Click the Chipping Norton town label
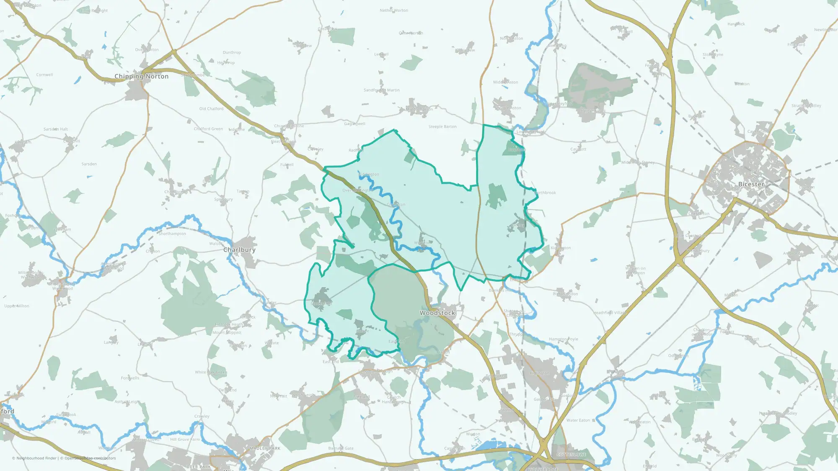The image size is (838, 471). point(141,76)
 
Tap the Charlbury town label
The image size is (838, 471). point(239,250)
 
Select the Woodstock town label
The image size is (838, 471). point(437,313)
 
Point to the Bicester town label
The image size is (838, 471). point(751,184)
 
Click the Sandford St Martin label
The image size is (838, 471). point(381,90)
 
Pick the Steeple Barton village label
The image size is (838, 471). point(442,126)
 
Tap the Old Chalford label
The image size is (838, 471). point(211,109)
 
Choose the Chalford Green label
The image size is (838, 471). point(208,129)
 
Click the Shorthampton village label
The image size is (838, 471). point(172,234)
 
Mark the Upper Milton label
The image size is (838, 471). point(17,306)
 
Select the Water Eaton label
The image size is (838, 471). point(578,420)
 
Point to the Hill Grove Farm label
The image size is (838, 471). point(185,440)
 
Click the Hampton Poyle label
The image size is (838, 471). point(563,339)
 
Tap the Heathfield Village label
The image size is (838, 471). point(610,313)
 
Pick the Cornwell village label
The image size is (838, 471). point(44,75)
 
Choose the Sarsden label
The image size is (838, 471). point(89,164)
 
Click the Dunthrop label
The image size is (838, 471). point(232,53)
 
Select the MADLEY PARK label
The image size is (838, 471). point(265,448)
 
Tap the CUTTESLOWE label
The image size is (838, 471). point(571,455)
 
